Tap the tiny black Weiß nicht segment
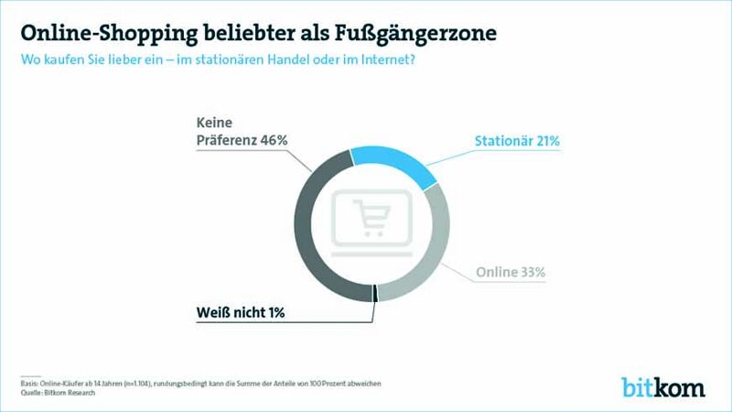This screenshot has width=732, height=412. pyautogui.click(x=375, y=293)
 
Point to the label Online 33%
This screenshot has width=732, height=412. pyautogui.click(x=511, y=273)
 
